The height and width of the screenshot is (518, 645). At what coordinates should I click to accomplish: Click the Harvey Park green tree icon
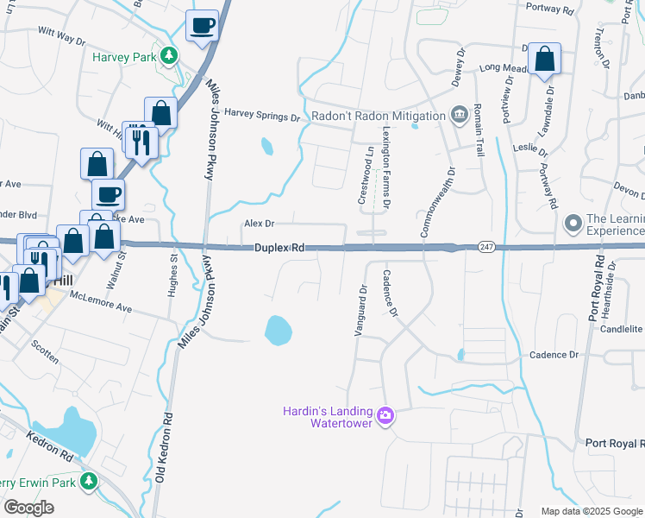(170, 55)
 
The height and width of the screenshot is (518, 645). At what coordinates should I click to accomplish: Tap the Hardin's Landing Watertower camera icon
(385, 416)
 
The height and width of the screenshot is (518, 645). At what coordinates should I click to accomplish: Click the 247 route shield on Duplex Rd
(486, 247)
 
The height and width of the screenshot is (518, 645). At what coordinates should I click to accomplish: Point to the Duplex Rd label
(280, 248)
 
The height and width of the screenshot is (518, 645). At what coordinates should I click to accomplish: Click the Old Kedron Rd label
(166, 448)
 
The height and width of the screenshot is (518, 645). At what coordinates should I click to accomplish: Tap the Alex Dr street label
(259, 224)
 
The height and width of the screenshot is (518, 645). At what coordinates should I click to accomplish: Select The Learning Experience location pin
(572, 224)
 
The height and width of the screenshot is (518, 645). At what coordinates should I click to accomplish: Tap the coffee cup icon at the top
(203, 26)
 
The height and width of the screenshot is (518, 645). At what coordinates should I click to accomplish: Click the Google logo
(28, 508)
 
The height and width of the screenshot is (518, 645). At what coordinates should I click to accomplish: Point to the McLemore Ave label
(102, 307)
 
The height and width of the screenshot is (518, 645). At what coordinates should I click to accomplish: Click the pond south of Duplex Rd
(279, 328)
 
